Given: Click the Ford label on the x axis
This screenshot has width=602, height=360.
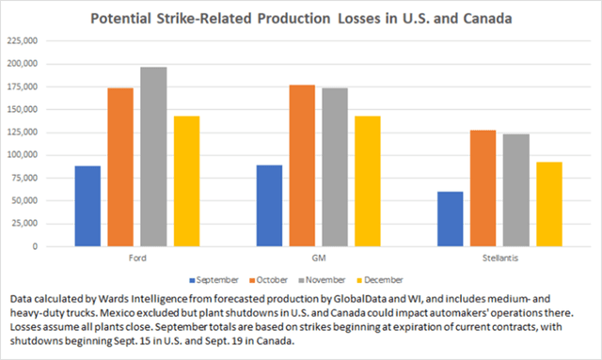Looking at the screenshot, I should point(136,258).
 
